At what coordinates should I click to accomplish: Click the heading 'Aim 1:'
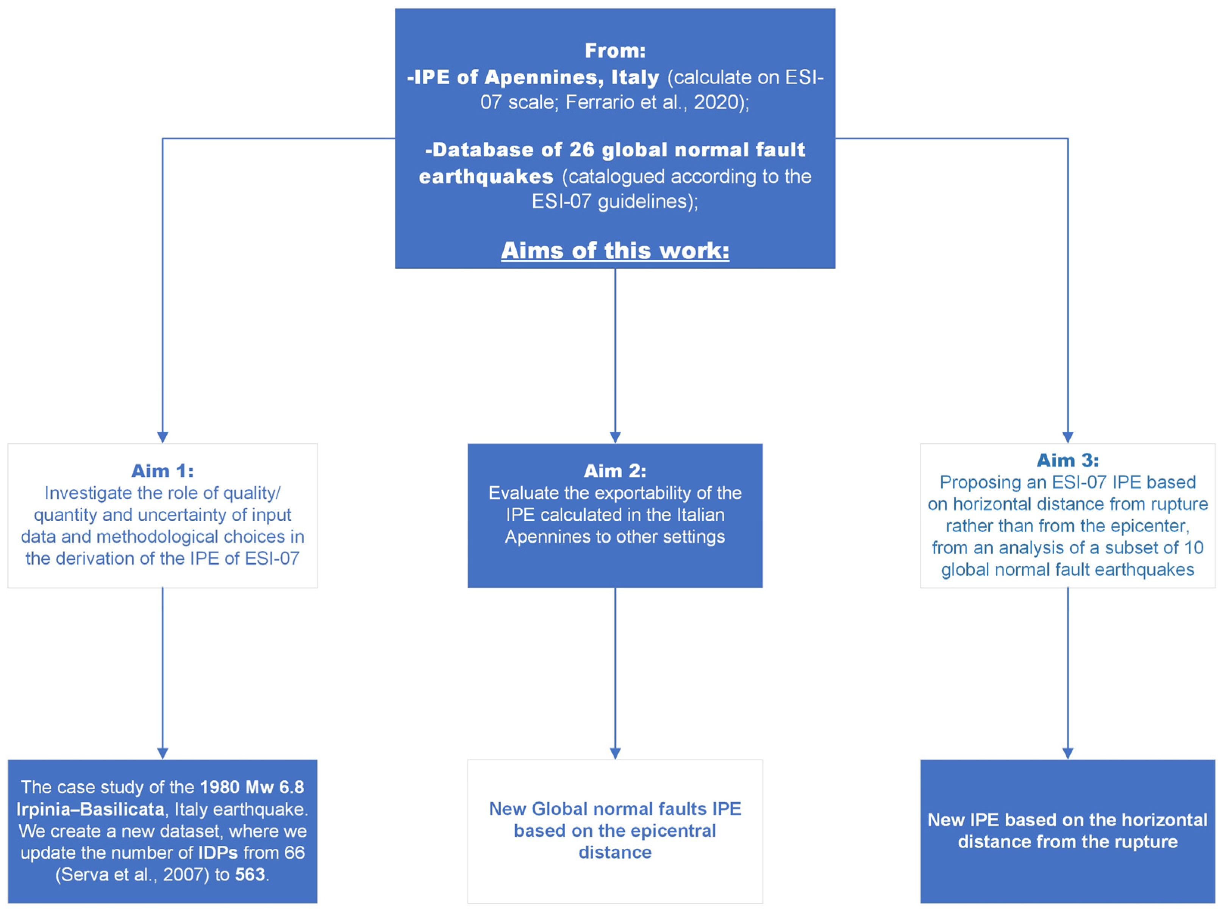point(162,471)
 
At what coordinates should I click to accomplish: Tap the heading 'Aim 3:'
point(1067,460)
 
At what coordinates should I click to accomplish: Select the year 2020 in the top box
point(715,102)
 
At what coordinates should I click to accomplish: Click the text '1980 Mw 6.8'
point(252,787)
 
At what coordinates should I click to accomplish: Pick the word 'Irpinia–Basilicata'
point(90,809)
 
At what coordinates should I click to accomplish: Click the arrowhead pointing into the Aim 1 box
point(162,437)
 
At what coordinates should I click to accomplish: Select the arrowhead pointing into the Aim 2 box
point(615,437)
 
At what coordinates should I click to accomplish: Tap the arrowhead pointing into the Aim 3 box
point(1067,437)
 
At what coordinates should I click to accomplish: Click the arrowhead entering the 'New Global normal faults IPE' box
point(615,754)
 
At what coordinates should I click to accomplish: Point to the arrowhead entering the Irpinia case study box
point(162,754)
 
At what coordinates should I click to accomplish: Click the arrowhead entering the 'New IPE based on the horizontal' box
point(1067,754)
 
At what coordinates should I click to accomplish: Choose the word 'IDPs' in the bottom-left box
point(218,853)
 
